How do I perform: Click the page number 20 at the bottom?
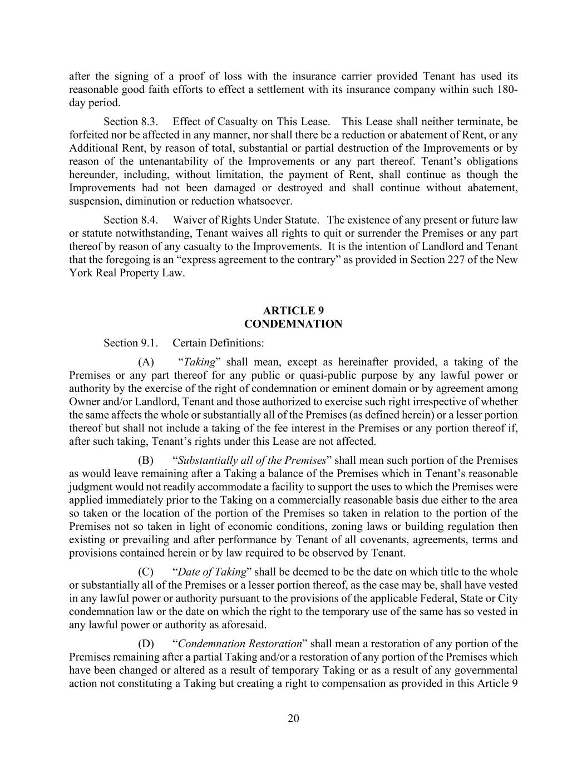coord(293,718)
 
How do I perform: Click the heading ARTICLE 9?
coord(293,311)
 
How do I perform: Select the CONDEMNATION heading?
coord(293,324)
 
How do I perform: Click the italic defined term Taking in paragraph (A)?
coord(199,363)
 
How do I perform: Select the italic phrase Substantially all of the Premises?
coord(251,461)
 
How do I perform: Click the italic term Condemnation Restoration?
coord(240,644)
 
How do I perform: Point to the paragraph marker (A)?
coord(146,363)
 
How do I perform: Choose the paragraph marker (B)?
coord(146,461)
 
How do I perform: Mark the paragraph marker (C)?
coord(146,572)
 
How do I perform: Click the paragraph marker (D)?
coord(146,644)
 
